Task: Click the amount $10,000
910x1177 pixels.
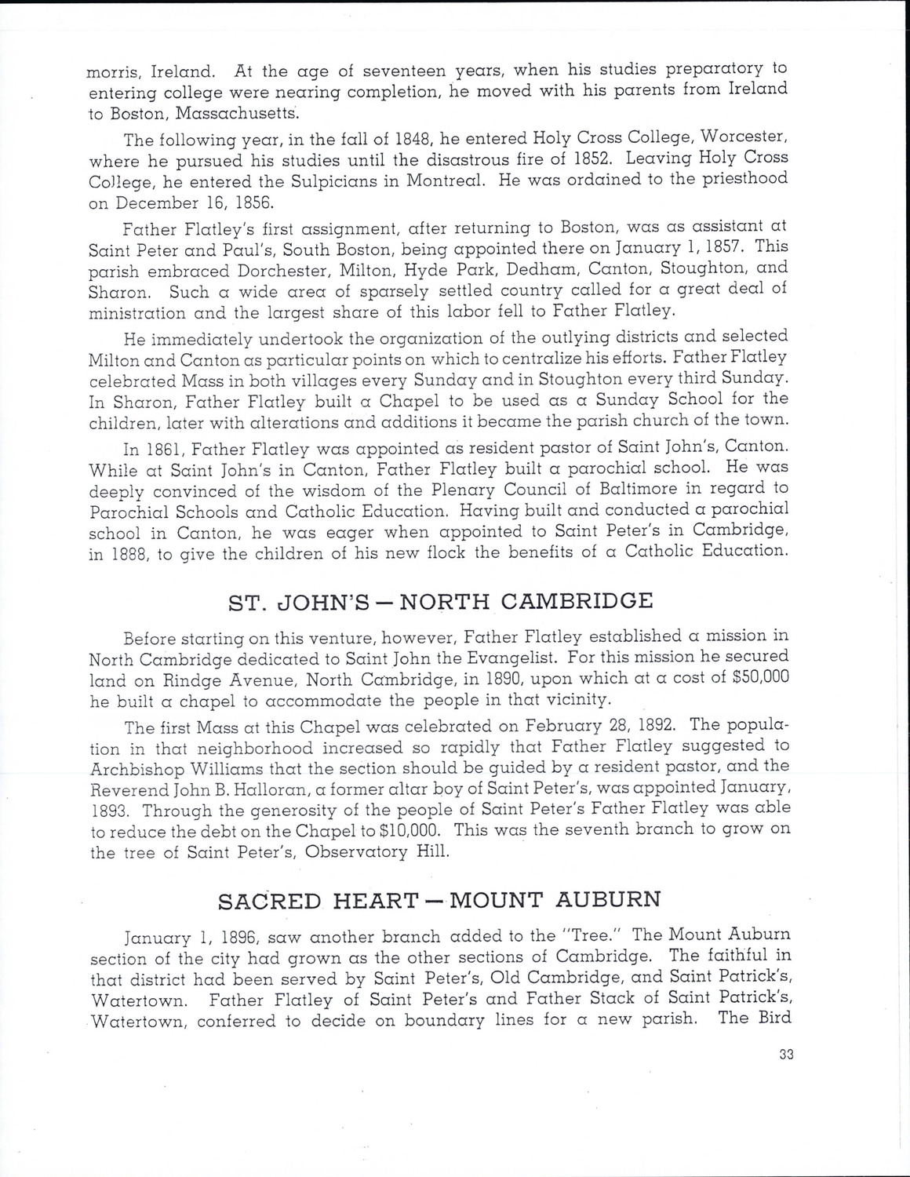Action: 404,829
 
